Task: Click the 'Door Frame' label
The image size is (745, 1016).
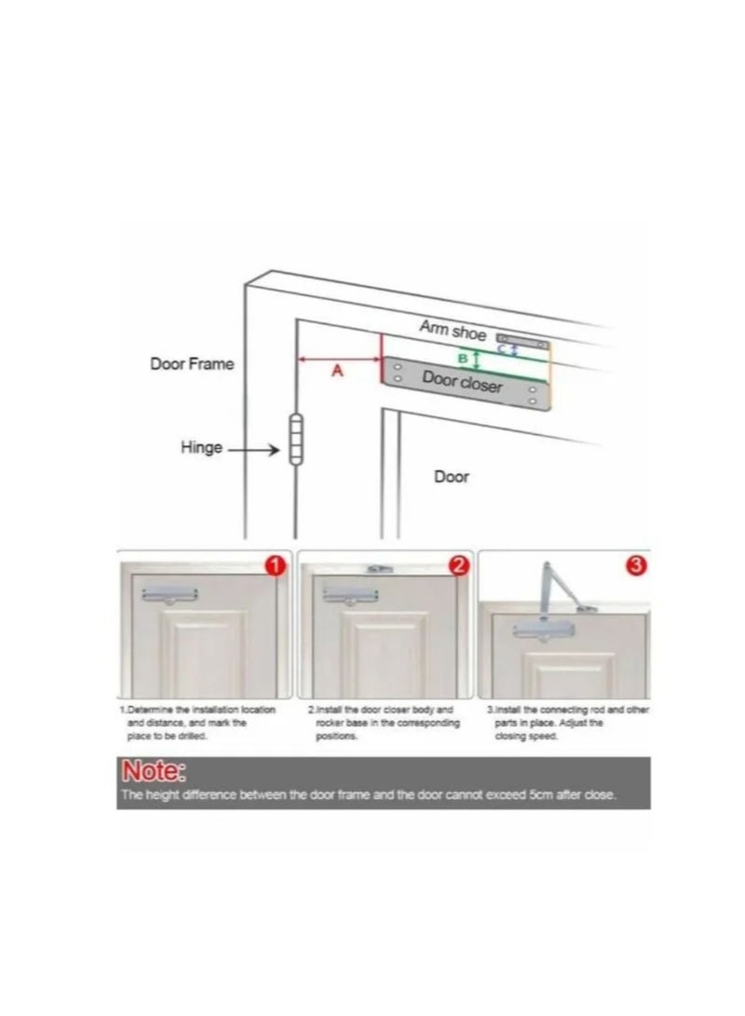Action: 192,364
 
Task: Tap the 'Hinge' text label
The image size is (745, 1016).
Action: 201,448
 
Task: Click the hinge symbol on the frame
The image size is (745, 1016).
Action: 296,440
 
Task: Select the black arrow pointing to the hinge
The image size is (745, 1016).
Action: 254,450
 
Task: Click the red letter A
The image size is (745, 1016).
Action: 338,371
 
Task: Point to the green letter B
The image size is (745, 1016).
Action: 463,358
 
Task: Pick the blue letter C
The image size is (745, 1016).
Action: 502,349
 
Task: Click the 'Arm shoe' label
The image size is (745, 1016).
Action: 453,330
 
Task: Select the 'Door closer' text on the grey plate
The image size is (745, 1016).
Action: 462,381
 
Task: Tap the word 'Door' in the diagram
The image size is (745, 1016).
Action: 452,477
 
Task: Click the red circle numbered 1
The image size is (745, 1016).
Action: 276,565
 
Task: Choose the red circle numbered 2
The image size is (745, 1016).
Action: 457,565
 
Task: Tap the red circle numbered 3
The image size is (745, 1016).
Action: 637,565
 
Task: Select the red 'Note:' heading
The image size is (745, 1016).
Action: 155,772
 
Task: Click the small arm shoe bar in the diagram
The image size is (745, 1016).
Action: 522,340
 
